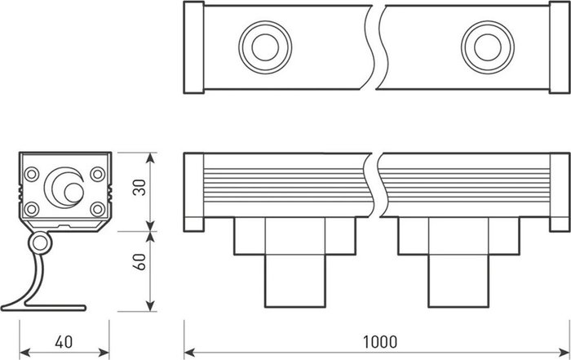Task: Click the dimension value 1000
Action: [380, 342]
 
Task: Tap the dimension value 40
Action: [64, 342]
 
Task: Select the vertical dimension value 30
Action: [139, 187]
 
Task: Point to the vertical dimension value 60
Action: [139, 261]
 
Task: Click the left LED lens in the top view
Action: [265, 47]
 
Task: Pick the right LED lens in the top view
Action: [488, 47]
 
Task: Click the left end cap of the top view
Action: [194, 47]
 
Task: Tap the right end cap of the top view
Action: [560, 47]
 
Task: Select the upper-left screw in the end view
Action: [32, 174]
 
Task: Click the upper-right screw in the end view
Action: [98, 174]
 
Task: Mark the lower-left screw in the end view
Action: [32, 209]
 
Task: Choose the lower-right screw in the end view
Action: [98, 209]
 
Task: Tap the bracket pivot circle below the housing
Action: [40, 243]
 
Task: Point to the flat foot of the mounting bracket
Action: [55, 309]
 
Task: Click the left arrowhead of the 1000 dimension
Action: [189, 353]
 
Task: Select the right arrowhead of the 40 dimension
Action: [104, 353]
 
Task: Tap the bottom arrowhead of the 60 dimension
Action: [150, 306]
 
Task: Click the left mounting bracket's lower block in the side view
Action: [295, 281]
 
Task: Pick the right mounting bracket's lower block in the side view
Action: [458, 281]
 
